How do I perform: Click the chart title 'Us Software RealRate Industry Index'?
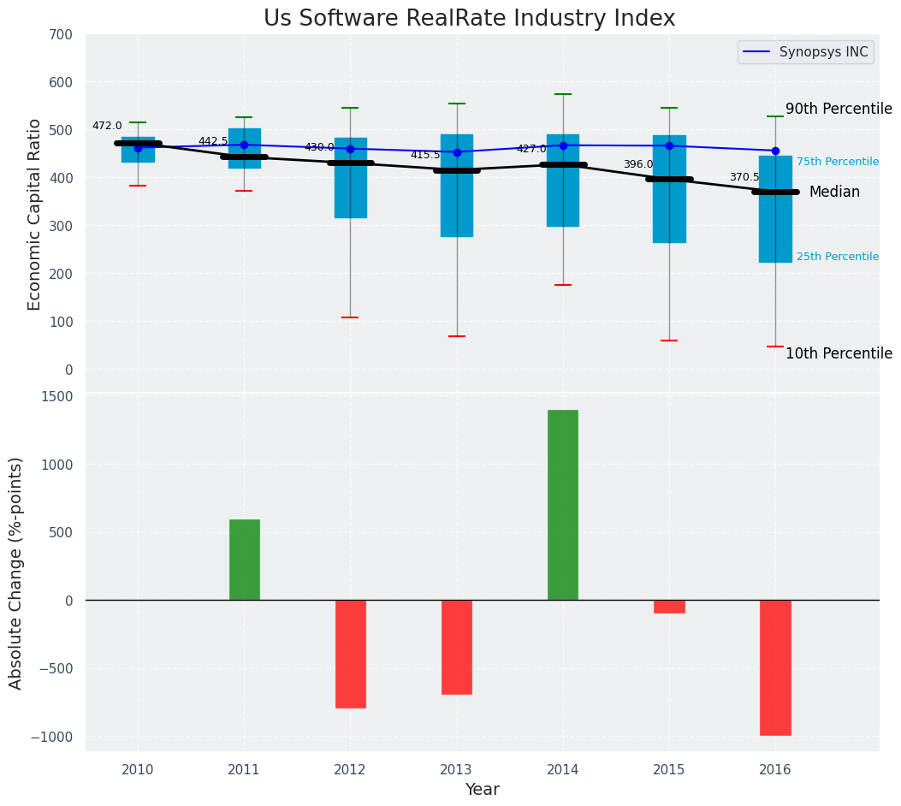click(469, 19)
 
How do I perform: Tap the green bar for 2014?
click(563, 505)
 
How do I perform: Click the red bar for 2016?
click(775, 667)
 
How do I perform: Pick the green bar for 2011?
click(245, 560)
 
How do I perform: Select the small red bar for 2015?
click(669, 607)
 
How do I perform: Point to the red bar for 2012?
click(351, 654)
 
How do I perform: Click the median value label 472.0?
click(107, 126)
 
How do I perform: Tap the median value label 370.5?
click(744, 177)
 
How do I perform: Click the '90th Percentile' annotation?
click(839, 109)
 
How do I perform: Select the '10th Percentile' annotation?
click(839, 353)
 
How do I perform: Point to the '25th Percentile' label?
click(837, 257)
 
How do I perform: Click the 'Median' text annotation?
click(834, 192)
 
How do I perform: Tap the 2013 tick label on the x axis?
click(456, 770)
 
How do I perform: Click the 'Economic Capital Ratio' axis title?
click(35, 214)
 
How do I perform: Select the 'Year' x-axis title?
click(483, 789)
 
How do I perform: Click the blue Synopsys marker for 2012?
click(350, 149)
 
